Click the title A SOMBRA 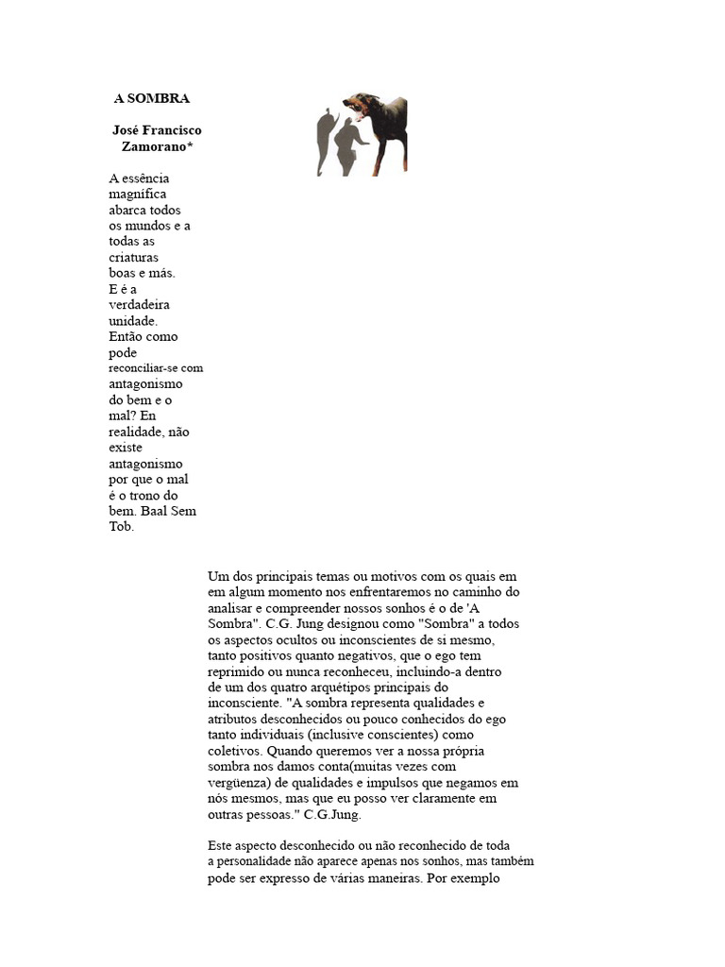pos(151,98)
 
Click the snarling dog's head pos(362,105)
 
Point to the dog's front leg pos(383,156)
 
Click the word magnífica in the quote pos(138,194)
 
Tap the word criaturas pos(134,257)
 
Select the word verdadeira pos(140,305)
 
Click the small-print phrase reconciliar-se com pos(156,368)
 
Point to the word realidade pos(138,432)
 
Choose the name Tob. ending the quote pos(123,527)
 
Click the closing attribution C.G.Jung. pos(332,814)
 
